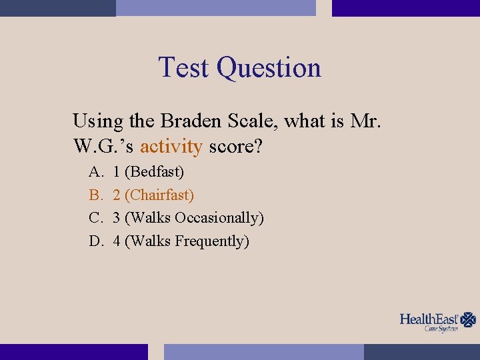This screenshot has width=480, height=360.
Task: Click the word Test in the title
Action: (185, 68)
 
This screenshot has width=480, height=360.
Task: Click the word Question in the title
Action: (269, 68)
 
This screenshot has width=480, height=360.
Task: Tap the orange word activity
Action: (171, 146)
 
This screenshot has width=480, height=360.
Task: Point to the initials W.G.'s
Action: (103, 146)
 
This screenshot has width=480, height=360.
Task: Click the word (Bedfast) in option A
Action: (155, 172)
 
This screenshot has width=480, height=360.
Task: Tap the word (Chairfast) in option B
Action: (159, 195)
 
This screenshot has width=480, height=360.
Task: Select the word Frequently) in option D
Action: (212, 241)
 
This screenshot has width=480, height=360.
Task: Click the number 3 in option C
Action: (117, 218)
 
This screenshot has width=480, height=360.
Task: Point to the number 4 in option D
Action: (117, 241)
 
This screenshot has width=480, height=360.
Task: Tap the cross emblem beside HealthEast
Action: (469, 320)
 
